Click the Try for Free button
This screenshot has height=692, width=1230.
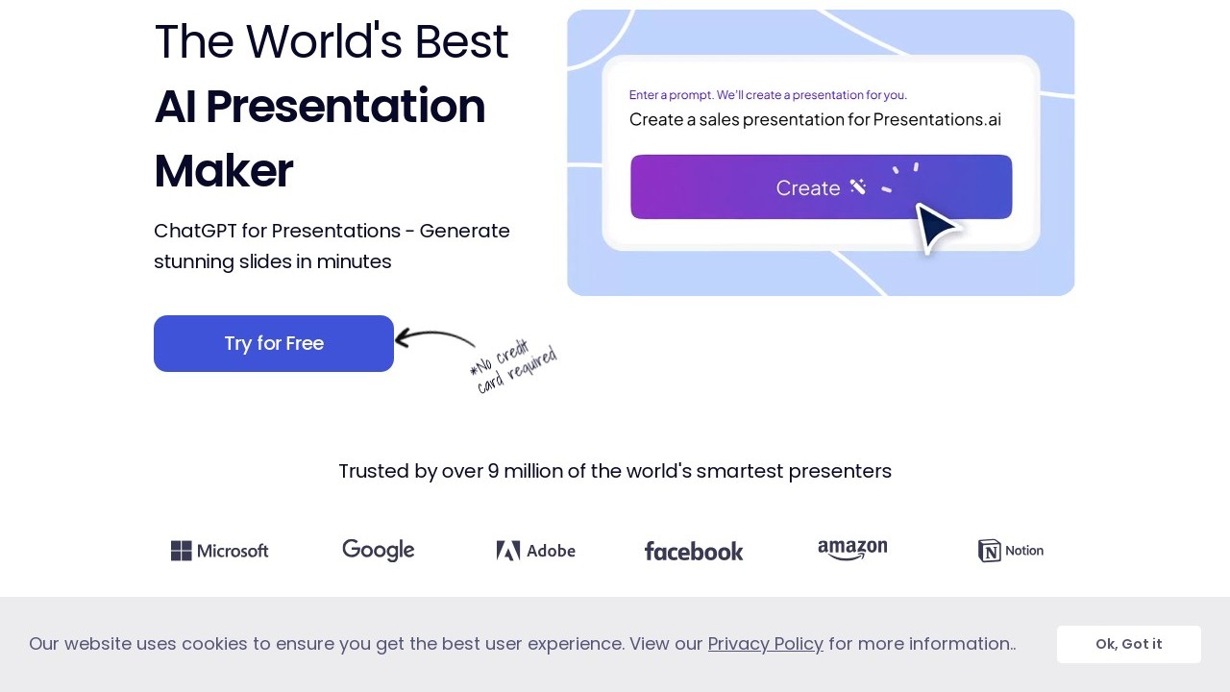pos(274,343)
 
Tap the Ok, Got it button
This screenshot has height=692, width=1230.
pos(1128,644)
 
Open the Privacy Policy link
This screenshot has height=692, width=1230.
pos(766,644)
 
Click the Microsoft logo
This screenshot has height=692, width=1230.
pos(220,551)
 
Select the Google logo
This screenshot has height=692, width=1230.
pos(379,551)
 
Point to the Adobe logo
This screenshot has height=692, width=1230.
pos(536,551)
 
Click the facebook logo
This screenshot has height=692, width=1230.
pos(694,552)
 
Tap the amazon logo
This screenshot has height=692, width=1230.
pos(852,550)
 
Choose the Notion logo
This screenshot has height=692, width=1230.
pos(1010,551)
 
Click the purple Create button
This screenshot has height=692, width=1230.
pos(821,186)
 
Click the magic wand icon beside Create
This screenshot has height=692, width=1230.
pos(858,186)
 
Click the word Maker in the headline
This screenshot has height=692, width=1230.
pos(224,171)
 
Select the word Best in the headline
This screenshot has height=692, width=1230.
pos(461,41)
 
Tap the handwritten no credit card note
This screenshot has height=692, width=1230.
pos(513,366)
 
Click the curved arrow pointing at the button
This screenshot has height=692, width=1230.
pos(434,335)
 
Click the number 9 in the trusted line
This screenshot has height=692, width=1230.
pos(493,471)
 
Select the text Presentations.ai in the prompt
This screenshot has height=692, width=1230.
pos(937,119)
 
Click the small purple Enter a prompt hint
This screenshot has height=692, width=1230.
pos(768,95)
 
